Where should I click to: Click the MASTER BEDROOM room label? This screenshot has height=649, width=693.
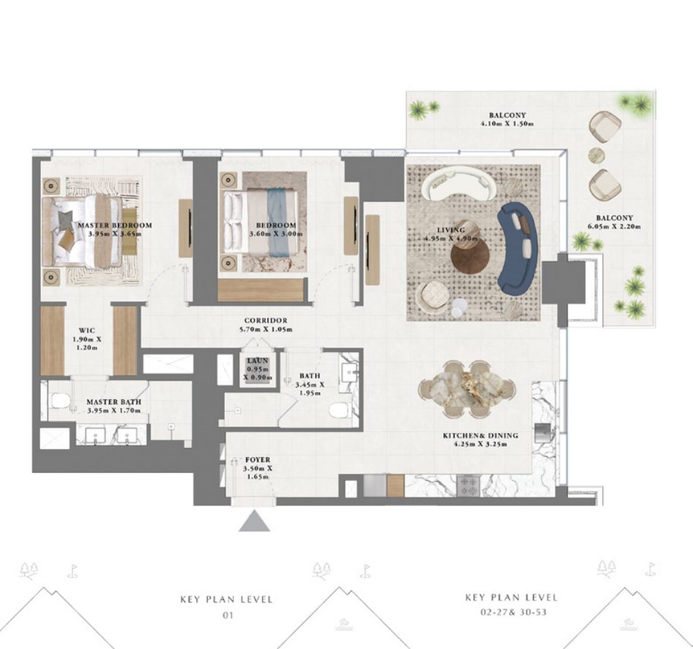point(115,225)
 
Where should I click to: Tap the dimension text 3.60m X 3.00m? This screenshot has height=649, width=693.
point(276,234)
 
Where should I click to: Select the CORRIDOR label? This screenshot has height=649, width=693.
point(266,320)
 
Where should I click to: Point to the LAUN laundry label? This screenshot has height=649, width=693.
point(258,361)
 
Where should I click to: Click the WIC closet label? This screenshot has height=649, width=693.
point(87,331)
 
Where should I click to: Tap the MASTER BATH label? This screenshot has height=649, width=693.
point(114,402)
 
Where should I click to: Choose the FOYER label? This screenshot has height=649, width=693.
point(258,460)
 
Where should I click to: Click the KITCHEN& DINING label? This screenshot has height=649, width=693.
point(480,436)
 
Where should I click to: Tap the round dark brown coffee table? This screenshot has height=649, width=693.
point(470,256)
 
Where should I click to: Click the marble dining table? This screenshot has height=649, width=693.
point(467,389)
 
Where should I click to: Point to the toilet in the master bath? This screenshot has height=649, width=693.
point(61,401)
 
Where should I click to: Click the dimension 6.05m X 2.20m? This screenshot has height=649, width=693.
point(614,226)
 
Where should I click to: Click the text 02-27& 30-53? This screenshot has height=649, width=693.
point(513,612)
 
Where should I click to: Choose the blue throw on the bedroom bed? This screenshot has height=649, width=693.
point(277,223)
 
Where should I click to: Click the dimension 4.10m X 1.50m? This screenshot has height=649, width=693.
point(507,123)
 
